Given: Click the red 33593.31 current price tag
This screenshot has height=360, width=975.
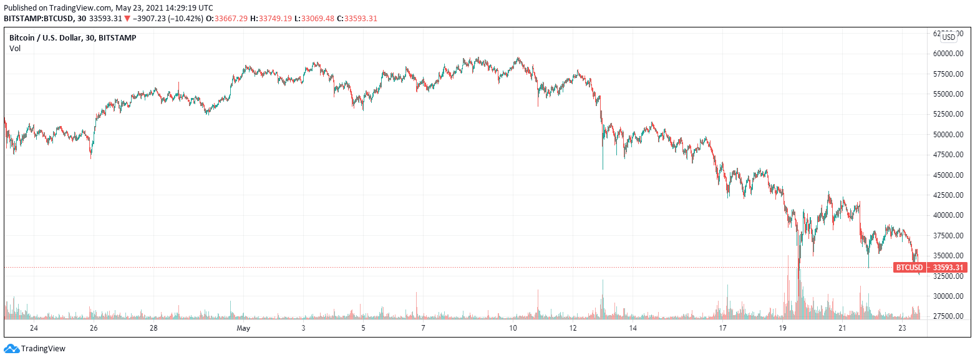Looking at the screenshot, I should point(948,268).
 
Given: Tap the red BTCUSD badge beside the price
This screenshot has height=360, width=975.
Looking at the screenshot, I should point(909,268).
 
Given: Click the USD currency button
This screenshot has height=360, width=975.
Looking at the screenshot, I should point(948,37).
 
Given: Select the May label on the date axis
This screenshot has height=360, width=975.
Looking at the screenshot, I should point(243,328).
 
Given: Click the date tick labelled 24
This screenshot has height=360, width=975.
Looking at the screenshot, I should point(34,328).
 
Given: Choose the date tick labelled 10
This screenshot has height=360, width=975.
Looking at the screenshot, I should point(513,328).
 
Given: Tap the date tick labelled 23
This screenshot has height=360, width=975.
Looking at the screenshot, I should point(902,328).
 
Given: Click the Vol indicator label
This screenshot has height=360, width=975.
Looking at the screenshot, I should point(15,48).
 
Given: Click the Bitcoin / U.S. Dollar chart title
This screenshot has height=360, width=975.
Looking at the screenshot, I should point(72,37).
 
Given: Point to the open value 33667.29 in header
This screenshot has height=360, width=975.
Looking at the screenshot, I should point(231,18).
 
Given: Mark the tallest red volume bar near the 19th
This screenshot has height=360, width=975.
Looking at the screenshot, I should point(798,293).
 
